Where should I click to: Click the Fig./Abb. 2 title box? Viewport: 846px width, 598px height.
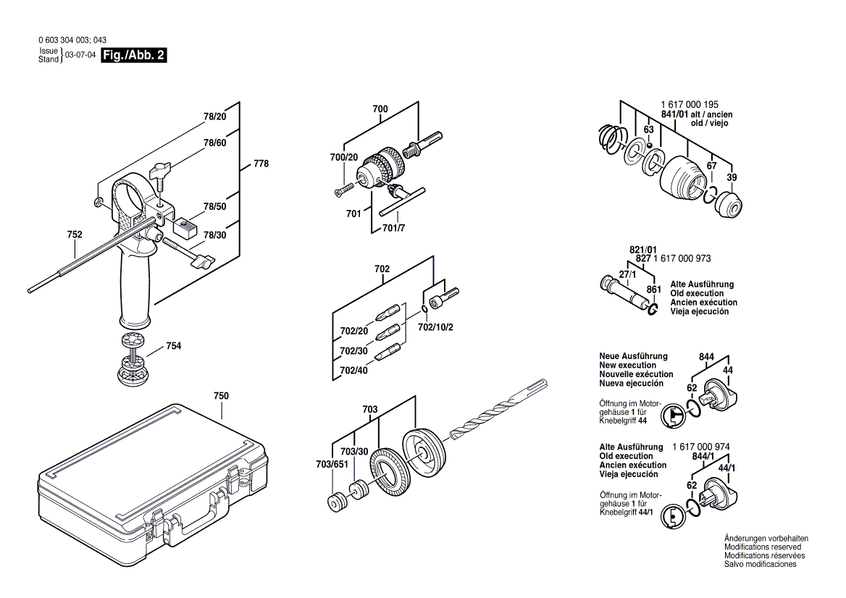tap(134, 55)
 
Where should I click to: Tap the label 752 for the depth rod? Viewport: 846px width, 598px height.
tap(74, 235)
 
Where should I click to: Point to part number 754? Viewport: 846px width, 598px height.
tap(173, 346)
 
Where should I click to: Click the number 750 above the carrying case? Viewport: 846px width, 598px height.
tap(221, 396)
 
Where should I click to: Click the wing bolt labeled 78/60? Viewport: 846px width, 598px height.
tap(159, 172)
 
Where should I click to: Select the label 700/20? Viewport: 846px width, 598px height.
tap(343, 157)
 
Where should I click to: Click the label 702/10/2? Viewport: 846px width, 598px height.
tap(435, 327)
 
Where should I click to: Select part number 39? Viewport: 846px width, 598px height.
tap(732, 178)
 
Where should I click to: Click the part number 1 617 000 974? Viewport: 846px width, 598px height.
tap(701, 447)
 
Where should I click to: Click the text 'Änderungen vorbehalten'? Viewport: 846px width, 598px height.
tap(766, 539)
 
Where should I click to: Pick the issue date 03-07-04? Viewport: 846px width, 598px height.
tap(80, 55)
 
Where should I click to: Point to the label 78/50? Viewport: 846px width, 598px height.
tap(214, 207)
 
